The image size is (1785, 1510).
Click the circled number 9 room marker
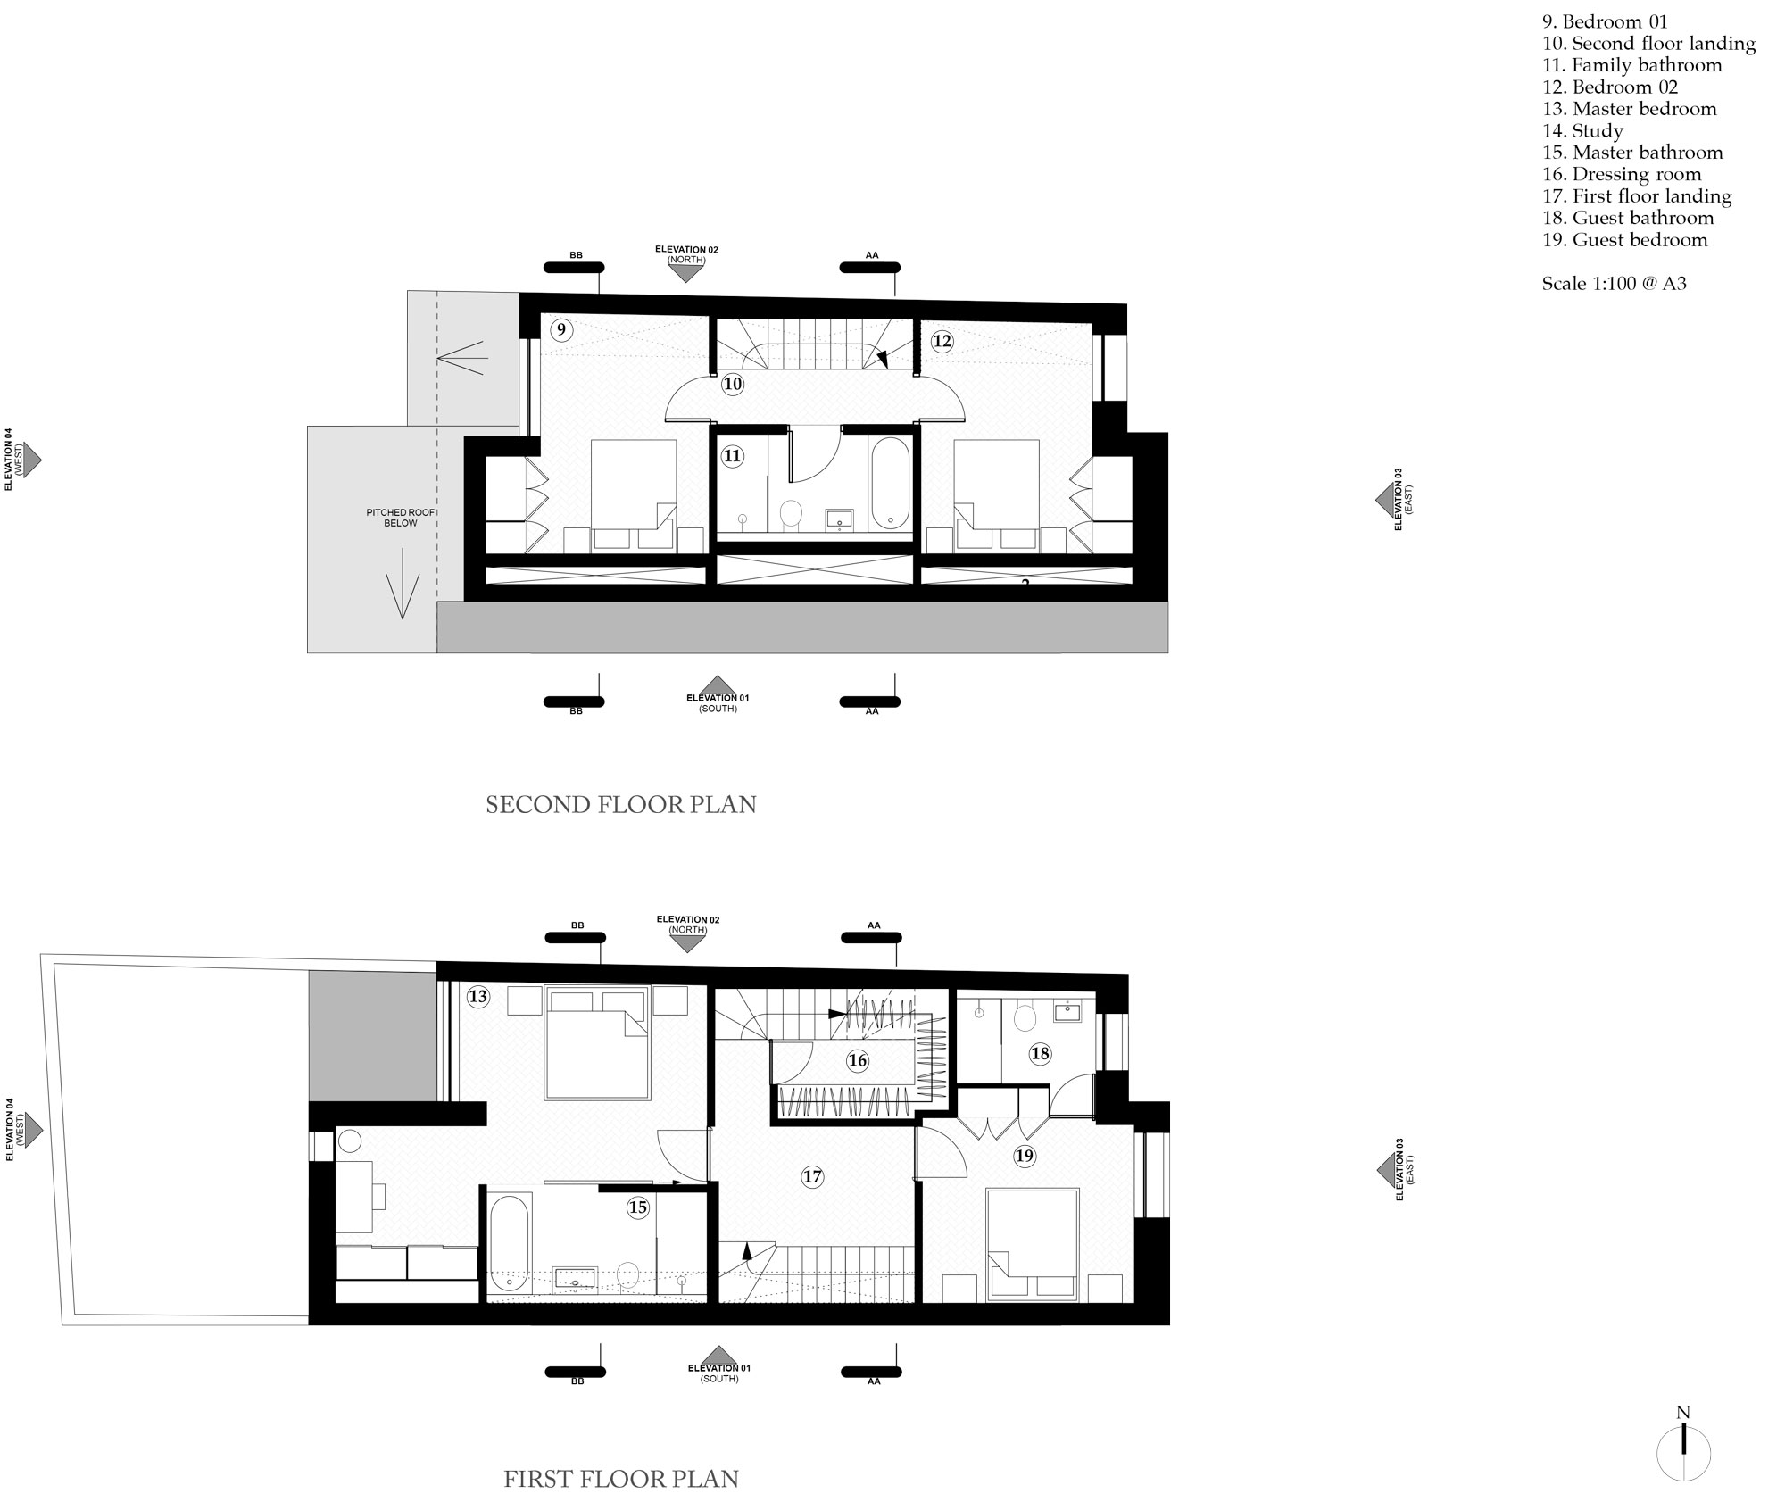[561, 329]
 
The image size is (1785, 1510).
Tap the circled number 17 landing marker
[811, 1176]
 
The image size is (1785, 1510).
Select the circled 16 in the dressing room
[858, 1060]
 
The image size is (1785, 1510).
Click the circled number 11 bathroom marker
[732, 456]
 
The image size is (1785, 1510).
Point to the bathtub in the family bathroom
[890, 482]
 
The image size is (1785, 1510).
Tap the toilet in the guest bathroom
[1025, 1016]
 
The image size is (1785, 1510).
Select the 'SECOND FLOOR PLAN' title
[621, 805]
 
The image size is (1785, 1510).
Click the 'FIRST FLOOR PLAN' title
[621, 1479]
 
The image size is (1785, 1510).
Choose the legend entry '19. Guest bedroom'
[1624, 239]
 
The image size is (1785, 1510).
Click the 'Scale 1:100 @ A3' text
[1615, 284]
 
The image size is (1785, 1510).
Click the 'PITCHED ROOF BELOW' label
[401, 518]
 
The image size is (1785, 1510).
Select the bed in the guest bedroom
[1031, 1242]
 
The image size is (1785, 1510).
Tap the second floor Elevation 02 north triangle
[686, 274]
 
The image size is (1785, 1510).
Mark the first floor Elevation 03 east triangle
[1386, 1167]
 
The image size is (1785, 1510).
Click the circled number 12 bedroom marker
[942, 340]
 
